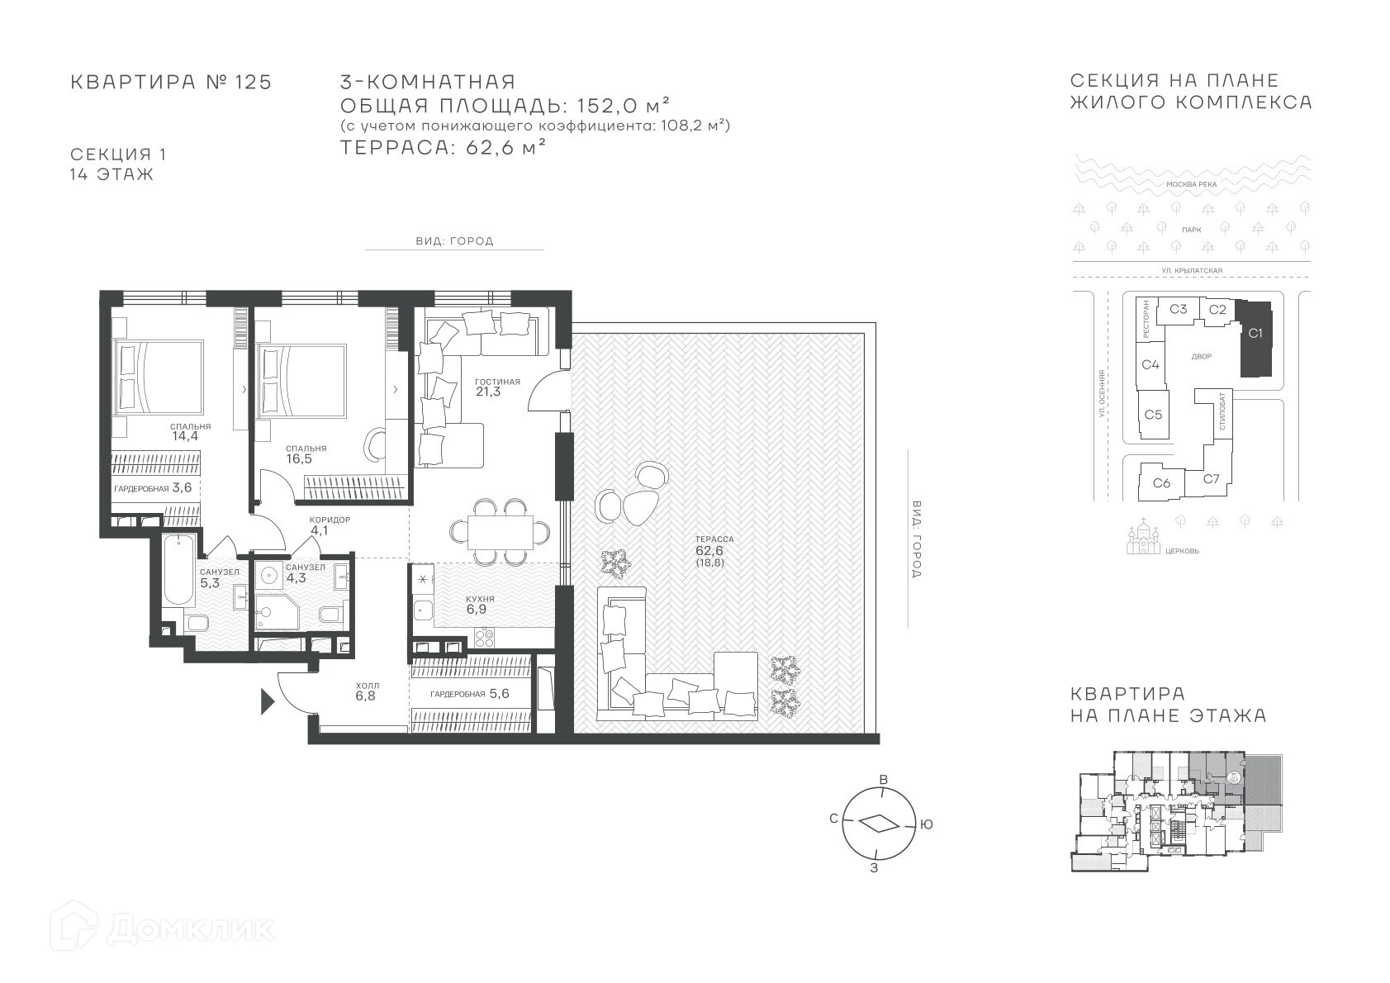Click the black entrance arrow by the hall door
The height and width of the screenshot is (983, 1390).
coord(267,702)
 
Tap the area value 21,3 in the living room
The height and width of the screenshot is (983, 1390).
coord(488,392)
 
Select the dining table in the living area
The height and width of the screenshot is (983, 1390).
coord(500,533)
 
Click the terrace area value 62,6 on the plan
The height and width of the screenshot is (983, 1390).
coord(709,550)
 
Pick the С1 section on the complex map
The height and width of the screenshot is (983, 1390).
coord(1255,339)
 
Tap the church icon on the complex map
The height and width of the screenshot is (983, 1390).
coord(1144,538)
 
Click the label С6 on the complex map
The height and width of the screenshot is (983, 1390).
coord(1162,482)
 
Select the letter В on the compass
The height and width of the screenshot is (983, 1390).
coord(885,780)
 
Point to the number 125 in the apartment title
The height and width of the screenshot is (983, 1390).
coord(254,83)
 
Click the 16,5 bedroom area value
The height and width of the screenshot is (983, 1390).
coord(299,459)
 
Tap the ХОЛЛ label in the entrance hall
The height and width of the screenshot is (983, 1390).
coord(368,686)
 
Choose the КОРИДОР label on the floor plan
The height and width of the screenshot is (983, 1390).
coord(330,520)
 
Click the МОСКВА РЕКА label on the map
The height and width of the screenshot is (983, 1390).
coord(1192,184)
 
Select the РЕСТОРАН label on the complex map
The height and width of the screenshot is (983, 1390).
coord(1146,321)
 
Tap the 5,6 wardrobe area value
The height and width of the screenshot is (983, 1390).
coord(499,693)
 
